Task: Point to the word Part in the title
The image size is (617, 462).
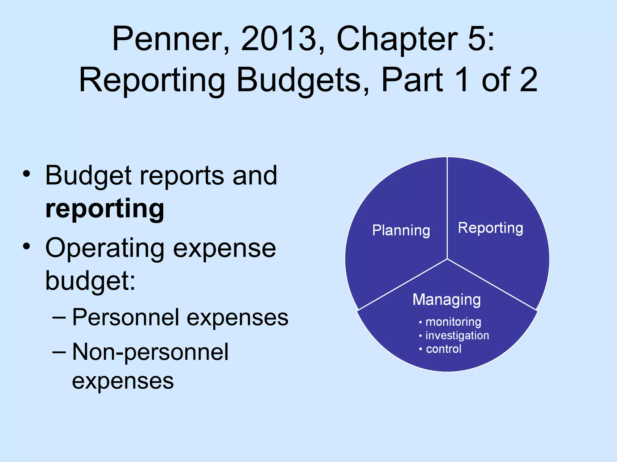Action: (412, 80)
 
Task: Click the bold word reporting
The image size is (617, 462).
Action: (105, 209)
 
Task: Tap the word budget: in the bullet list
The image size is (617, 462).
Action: (90, 281)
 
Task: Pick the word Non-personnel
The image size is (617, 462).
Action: (150, 352)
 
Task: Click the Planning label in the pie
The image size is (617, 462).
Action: (401, 231)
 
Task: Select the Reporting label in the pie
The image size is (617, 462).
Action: (490, 228)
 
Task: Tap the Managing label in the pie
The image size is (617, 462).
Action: (446, 300)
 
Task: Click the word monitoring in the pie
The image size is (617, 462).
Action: (453, 322)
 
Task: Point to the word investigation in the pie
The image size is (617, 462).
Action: (457, 335)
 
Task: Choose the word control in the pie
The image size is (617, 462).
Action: (443, 349)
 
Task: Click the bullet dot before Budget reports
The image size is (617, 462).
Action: (27, 174)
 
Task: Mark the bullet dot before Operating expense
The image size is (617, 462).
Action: (27, 246)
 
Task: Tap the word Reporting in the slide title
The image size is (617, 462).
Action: (152, 80)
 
